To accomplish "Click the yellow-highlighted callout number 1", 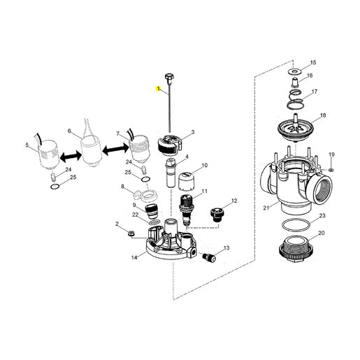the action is [x=159, y=89].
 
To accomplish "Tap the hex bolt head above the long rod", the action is [x=168, y=77].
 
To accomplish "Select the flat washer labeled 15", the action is [x=294, y=71].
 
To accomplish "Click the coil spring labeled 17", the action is [x=295, y=99].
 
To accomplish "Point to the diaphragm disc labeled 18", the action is [x=295, y=128].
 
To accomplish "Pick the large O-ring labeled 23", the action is [x=296, y=225].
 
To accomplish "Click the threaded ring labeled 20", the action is [x=296, y=249].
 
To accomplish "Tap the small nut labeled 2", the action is [x=131, y=233].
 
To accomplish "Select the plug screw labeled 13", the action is [x=208, y=257].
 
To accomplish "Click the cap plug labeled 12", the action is [x=216, y=215].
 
